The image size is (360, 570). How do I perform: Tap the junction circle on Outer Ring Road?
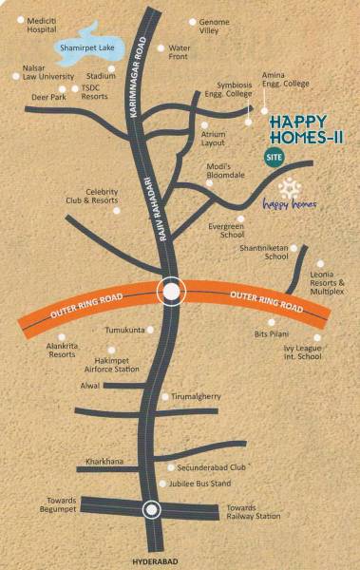pos(171,292)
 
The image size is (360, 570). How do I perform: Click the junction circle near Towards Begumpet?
pos(151,510)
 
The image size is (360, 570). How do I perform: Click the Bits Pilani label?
pos(275,335)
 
